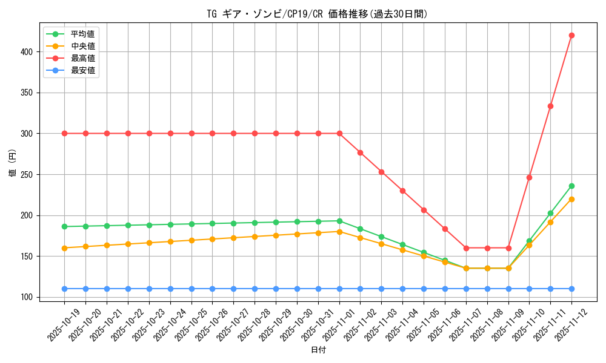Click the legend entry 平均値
[83, 34]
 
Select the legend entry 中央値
[83, 46]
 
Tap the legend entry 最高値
[83, 58]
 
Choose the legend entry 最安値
[83, 70]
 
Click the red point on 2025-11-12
[571, 35]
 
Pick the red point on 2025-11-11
[550, 106]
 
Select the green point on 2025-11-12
[571, 186]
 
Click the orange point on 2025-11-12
[571, 199]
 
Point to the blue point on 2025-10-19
[64, 289]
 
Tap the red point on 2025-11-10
[529, 177]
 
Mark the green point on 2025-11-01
[339, 221]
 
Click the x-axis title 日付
[318, 350]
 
